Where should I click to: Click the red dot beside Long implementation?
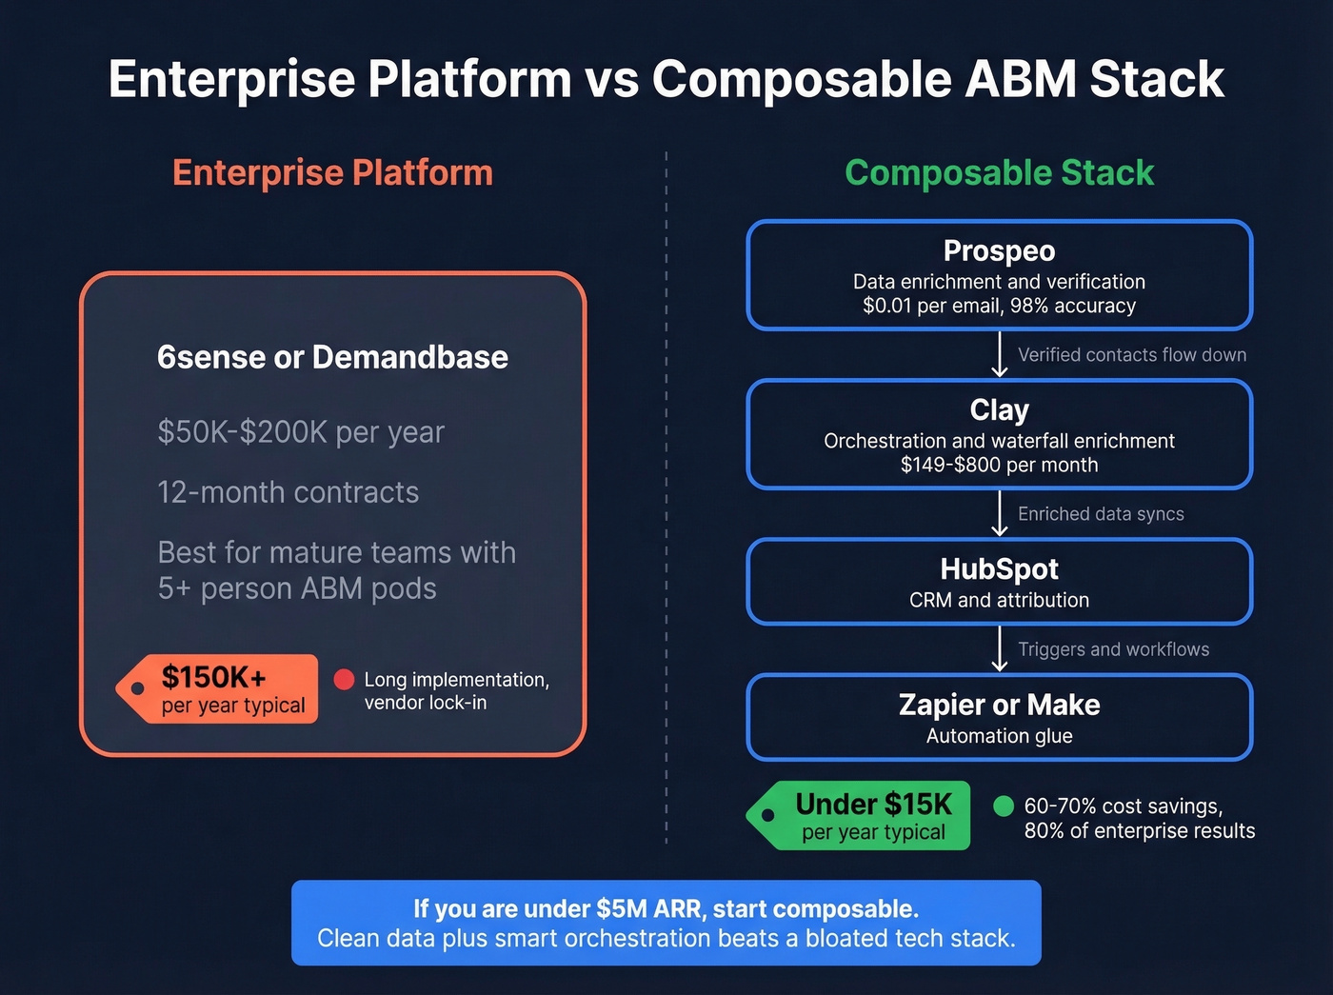tap(345, 680)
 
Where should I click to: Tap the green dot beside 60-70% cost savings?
tap(1003, 806)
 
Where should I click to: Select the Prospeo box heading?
tap(999, 250)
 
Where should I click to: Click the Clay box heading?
tap(999, 409)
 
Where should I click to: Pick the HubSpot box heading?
tap(999, 568)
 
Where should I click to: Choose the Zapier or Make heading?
tap(999, 705)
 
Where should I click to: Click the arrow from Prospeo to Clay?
tap(999, 354)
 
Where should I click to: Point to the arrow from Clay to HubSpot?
tap(999, 513)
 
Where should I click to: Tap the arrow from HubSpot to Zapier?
tap(999, 648)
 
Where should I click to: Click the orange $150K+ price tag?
tap(219, 688)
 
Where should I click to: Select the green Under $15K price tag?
tap(862, 816)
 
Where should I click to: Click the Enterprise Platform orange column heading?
tap(332, 173)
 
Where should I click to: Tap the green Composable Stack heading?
tap(999, 173)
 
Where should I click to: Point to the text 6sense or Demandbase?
tap(332, 357)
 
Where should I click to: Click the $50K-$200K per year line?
tap(301, 432)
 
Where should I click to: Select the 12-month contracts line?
tap(288, 492)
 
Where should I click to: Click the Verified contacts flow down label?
tap(1131, 355)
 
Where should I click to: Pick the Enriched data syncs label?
tap(1101, 514)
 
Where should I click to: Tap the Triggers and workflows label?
tap(1113, 649)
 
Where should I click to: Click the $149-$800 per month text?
tap(999, 465)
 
